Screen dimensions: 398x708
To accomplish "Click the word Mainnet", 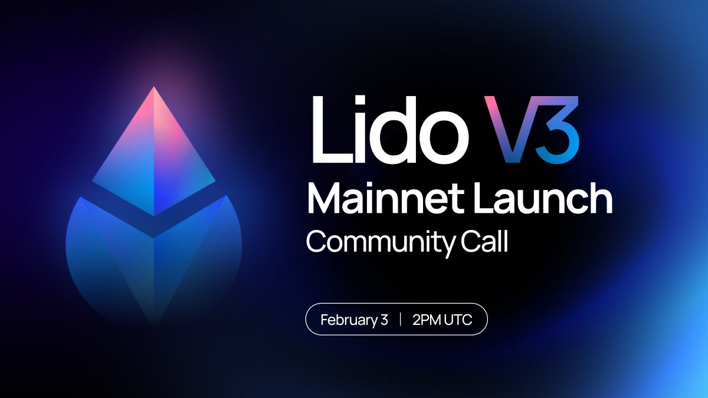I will tap(387, 199).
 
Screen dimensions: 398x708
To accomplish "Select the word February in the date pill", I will tap(349, 320).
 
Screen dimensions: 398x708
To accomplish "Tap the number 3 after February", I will tap(384, 320).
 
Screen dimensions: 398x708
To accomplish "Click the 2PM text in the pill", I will tap(426, 320).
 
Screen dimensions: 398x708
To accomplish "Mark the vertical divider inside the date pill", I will tap(401, 320).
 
